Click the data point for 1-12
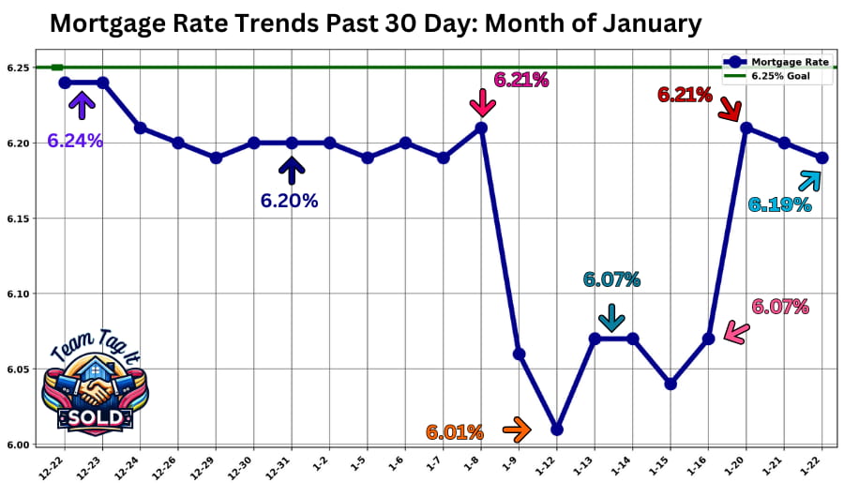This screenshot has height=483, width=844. coord(557,429)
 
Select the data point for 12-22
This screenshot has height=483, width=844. coord(65,83)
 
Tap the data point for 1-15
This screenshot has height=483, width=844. coord(671,384)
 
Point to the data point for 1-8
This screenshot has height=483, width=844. coord(481,128)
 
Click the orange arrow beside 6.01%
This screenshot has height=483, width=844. coord(516,430)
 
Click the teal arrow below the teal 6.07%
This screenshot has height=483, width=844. coord(611,318)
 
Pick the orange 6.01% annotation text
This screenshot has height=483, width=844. coord(455,432)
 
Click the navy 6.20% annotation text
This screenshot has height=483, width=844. coord(290,201)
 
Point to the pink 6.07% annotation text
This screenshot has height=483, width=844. coord(780,306)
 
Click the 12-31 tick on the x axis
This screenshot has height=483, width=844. coord(287,464)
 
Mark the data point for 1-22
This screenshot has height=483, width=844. coord(822,158)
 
